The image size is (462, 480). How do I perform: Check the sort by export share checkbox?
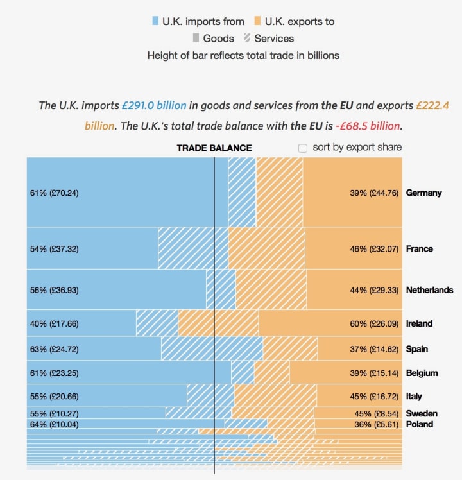pos(303,148)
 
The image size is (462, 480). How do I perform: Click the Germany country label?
pos(424,193)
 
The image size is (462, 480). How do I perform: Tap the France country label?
pos(419,248)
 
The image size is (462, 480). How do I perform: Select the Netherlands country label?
pos(429,290)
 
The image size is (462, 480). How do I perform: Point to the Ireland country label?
pos(419,323)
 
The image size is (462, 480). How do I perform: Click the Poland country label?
pos(419,424)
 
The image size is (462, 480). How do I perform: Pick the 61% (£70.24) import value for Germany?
pos(54,193)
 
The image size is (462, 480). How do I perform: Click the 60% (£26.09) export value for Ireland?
pos(375,323)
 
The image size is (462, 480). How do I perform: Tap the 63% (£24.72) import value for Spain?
pos(54,349)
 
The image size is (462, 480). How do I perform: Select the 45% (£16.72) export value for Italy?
pos(375,396)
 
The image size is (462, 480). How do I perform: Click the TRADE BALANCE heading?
pos(214,148)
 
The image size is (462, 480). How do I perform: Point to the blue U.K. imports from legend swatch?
pos(155,21)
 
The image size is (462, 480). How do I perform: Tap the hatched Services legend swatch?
pos(247,39)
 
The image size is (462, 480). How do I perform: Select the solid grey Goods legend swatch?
pos(196,39)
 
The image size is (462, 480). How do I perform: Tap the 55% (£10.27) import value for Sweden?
pos(54,413)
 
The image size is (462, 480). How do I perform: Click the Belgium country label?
pos(422,373)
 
